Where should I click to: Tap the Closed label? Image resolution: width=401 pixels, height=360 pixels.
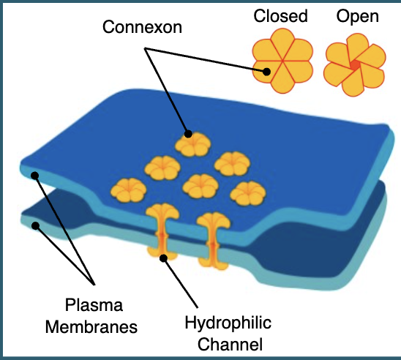(280, 16)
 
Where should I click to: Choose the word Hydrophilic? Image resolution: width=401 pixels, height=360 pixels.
(228, 323)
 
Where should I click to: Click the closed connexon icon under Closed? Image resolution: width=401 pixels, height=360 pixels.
(282, 61)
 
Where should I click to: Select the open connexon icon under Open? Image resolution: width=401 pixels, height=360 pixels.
(355, 67)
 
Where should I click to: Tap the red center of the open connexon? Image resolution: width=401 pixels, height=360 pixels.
(355, 66)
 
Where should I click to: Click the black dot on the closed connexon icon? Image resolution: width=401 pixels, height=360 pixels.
(267, 72)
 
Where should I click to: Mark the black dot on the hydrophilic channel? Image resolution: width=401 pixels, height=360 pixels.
(165, 257)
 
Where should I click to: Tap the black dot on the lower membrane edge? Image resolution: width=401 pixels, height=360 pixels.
(34, 225)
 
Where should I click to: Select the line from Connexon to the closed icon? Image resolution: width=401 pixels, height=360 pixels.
(205, 59)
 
